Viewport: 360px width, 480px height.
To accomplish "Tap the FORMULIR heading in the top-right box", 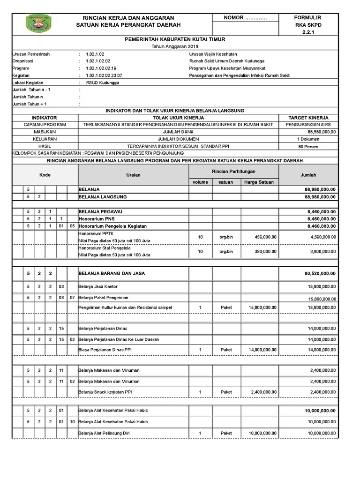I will (x=307, y=17).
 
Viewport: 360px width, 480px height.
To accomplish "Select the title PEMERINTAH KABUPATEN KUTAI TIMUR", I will (x=175, y=40).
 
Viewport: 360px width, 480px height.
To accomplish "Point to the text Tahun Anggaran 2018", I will (x=175, y=47).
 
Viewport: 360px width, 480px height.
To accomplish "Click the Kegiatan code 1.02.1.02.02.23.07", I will (x=104, y=75).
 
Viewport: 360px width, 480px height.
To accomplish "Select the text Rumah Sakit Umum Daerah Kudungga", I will (x=227, y=61).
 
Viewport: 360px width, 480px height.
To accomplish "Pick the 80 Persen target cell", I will (x=308, y=146).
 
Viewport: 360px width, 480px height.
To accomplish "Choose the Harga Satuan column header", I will (x=259, y=182).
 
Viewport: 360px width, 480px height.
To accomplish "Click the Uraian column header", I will (x=133, y=175).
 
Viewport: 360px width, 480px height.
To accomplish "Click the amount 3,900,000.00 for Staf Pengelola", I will (x=323, y=252).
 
